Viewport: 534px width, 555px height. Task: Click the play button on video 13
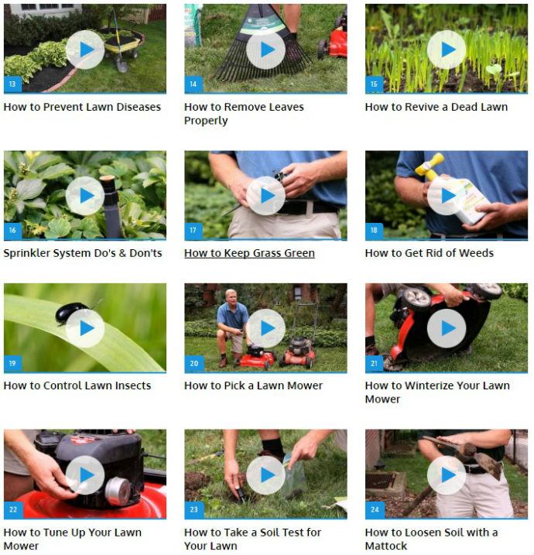tap(85, 50)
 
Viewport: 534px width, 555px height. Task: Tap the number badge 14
tap(193, 84)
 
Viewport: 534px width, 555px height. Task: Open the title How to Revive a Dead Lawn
tap(436, 107)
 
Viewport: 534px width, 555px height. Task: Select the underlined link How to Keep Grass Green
tap(249, 253)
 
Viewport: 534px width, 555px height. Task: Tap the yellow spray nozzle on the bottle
tap(430, 166)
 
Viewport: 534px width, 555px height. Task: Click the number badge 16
tap(12, 231)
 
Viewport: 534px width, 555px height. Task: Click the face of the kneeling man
tap(231, 296)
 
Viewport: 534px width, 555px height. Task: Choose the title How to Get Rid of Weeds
tap(430, 253)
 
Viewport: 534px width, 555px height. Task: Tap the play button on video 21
tap(447, 328)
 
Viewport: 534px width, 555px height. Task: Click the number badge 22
tap(12, 509)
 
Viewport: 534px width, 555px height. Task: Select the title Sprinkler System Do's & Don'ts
tap(83, 253)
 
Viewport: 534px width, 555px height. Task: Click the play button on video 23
tap(265, 475)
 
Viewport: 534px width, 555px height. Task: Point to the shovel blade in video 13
tap(122, 64)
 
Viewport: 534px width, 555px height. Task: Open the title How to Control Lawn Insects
tap(77, 385)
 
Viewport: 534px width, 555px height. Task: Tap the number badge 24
tap(375, 509)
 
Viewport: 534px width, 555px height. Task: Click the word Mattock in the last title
tap(386, 546)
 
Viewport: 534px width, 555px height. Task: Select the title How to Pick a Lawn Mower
tap(253, 385)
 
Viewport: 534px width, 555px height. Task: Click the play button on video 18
tap(447, 196)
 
